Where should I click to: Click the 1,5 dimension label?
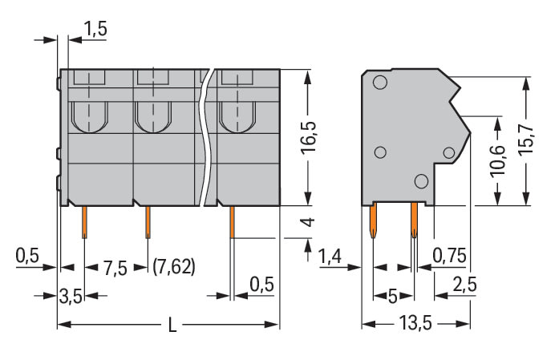pos(95,29)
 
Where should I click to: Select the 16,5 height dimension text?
pos(309,138)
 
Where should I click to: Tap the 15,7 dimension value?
pos(525,140)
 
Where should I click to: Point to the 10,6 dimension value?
pos(498,160)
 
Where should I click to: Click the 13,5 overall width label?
pos(415,323)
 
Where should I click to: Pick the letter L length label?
pos(172,325)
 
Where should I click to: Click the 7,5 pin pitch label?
pos(115,268)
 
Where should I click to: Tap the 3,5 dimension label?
pos(71,296)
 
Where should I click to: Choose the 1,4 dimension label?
pos(330,256)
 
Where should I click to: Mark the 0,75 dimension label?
pos(449,255)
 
